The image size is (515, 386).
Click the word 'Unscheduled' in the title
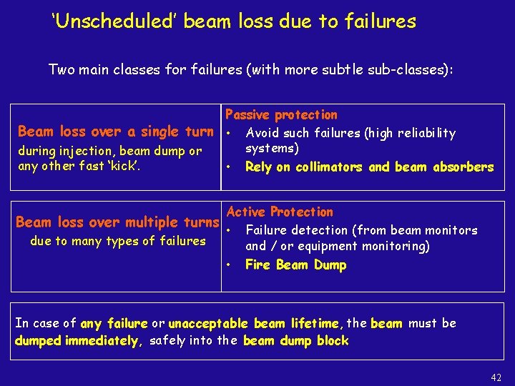[114, 21]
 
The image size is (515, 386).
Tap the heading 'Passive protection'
[281, 114]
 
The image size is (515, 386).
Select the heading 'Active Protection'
[280, 212]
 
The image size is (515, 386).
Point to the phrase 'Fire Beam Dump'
[295, 265]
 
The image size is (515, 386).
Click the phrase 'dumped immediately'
[76, 341]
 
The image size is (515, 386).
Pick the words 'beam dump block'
[295, 341]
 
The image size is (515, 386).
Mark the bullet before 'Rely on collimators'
[228, 167]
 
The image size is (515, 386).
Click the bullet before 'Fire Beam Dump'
[228, 264]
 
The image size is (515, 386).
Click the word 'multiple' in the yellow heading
[158, 222]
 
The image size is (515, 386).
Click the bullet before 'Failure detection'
[228, 230]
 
